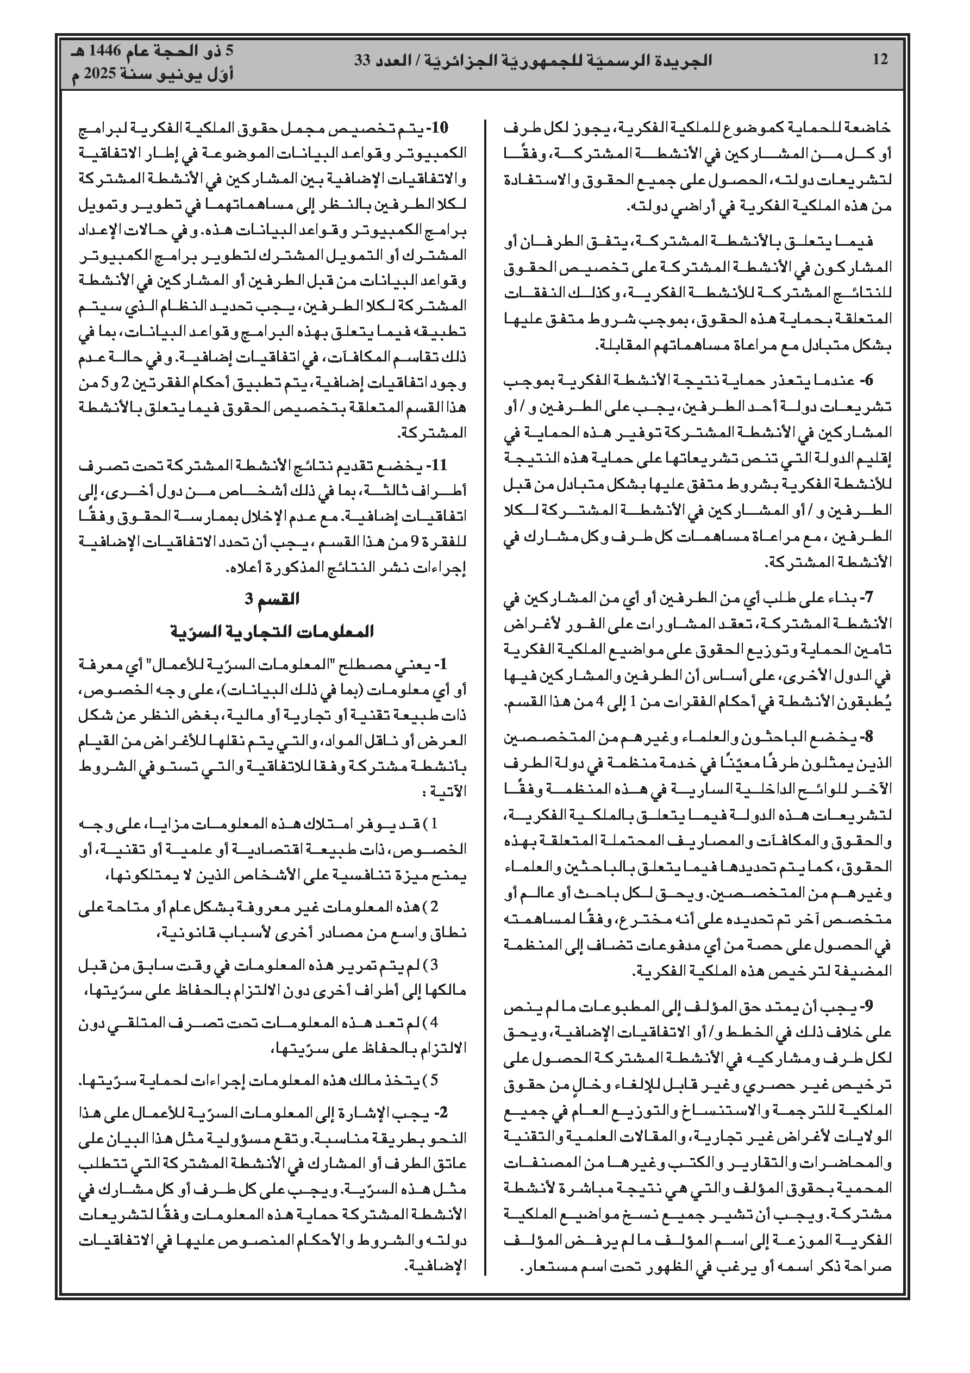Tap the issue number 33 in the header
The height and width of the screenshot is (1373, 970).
pos(364,60)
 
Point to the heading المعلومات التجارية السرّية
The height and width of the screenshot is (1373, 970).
pos(272,631)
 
